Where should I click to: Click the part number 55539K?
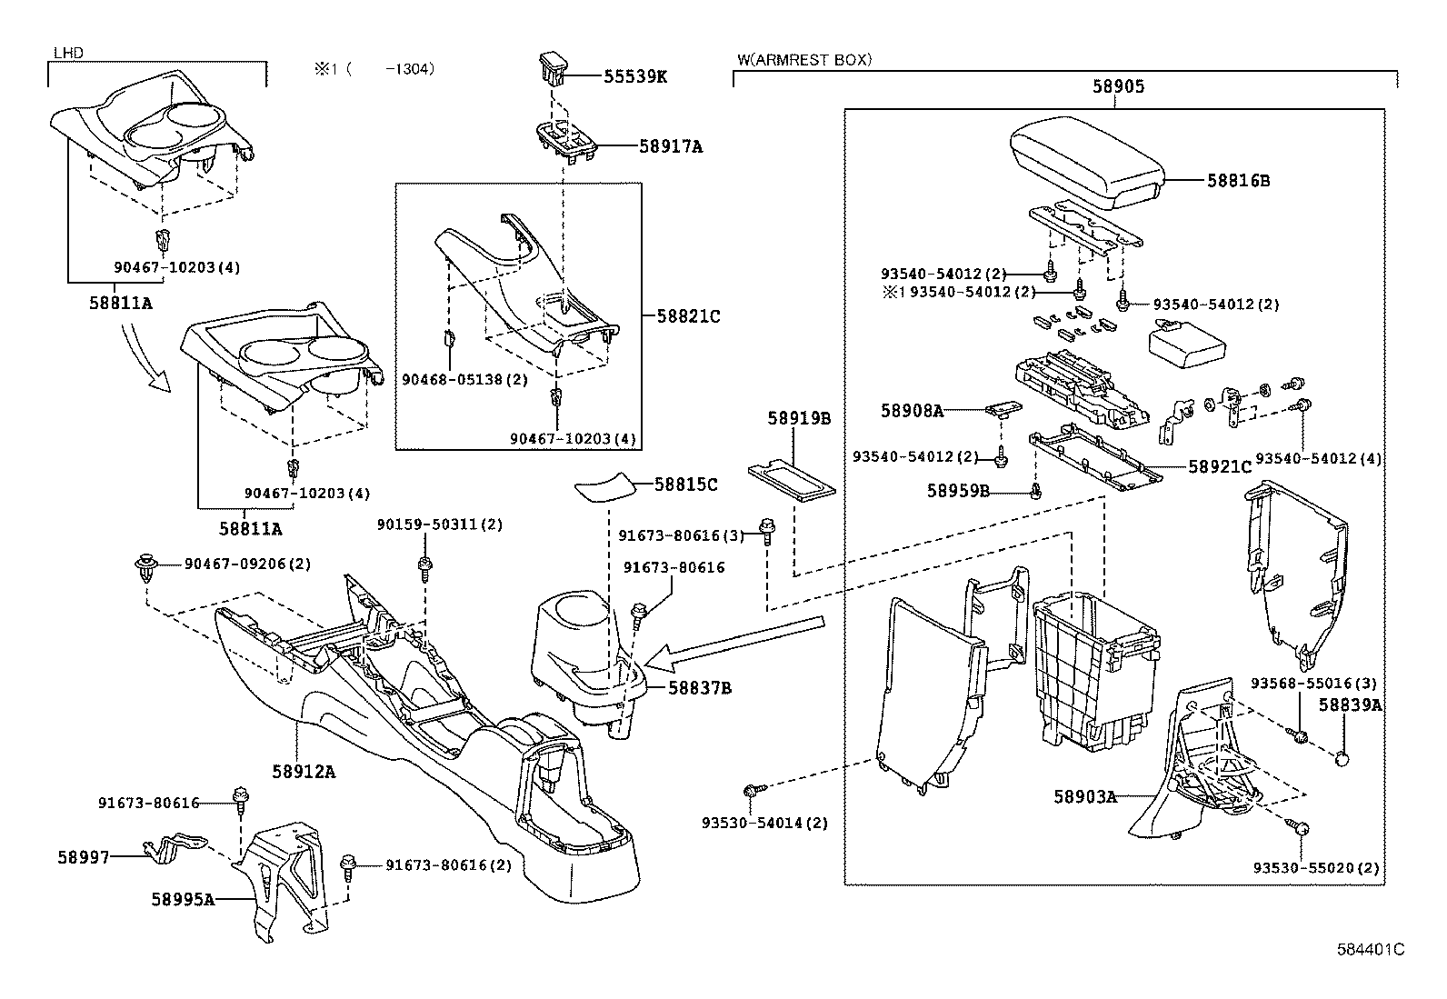click(x=635, y=76)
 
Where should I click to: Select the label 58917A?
click(x=671, y=145)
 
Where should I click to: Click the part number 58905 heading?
click(x=1117, y=87)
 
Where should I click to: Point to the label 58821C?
click(x=688, y=316)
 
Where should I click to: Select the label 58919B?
click(x=799, y=418)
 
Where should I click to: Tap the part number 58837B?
click(x=700, y=687)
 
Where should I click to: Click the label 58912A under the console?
click(x=304, y=771)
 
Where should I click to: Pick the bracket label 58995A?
click(x=183, y=899)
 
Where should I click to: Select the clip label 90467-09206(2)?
click(x=247, y=564)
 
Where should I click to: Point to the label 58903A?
click(x=1084, y=796)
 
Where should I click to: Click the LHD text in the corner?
click(x=68, y=53)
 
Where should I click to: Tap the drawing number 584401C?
click(x=1370, y=949)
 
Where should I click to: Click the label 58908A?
click(x=912, y=410)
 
